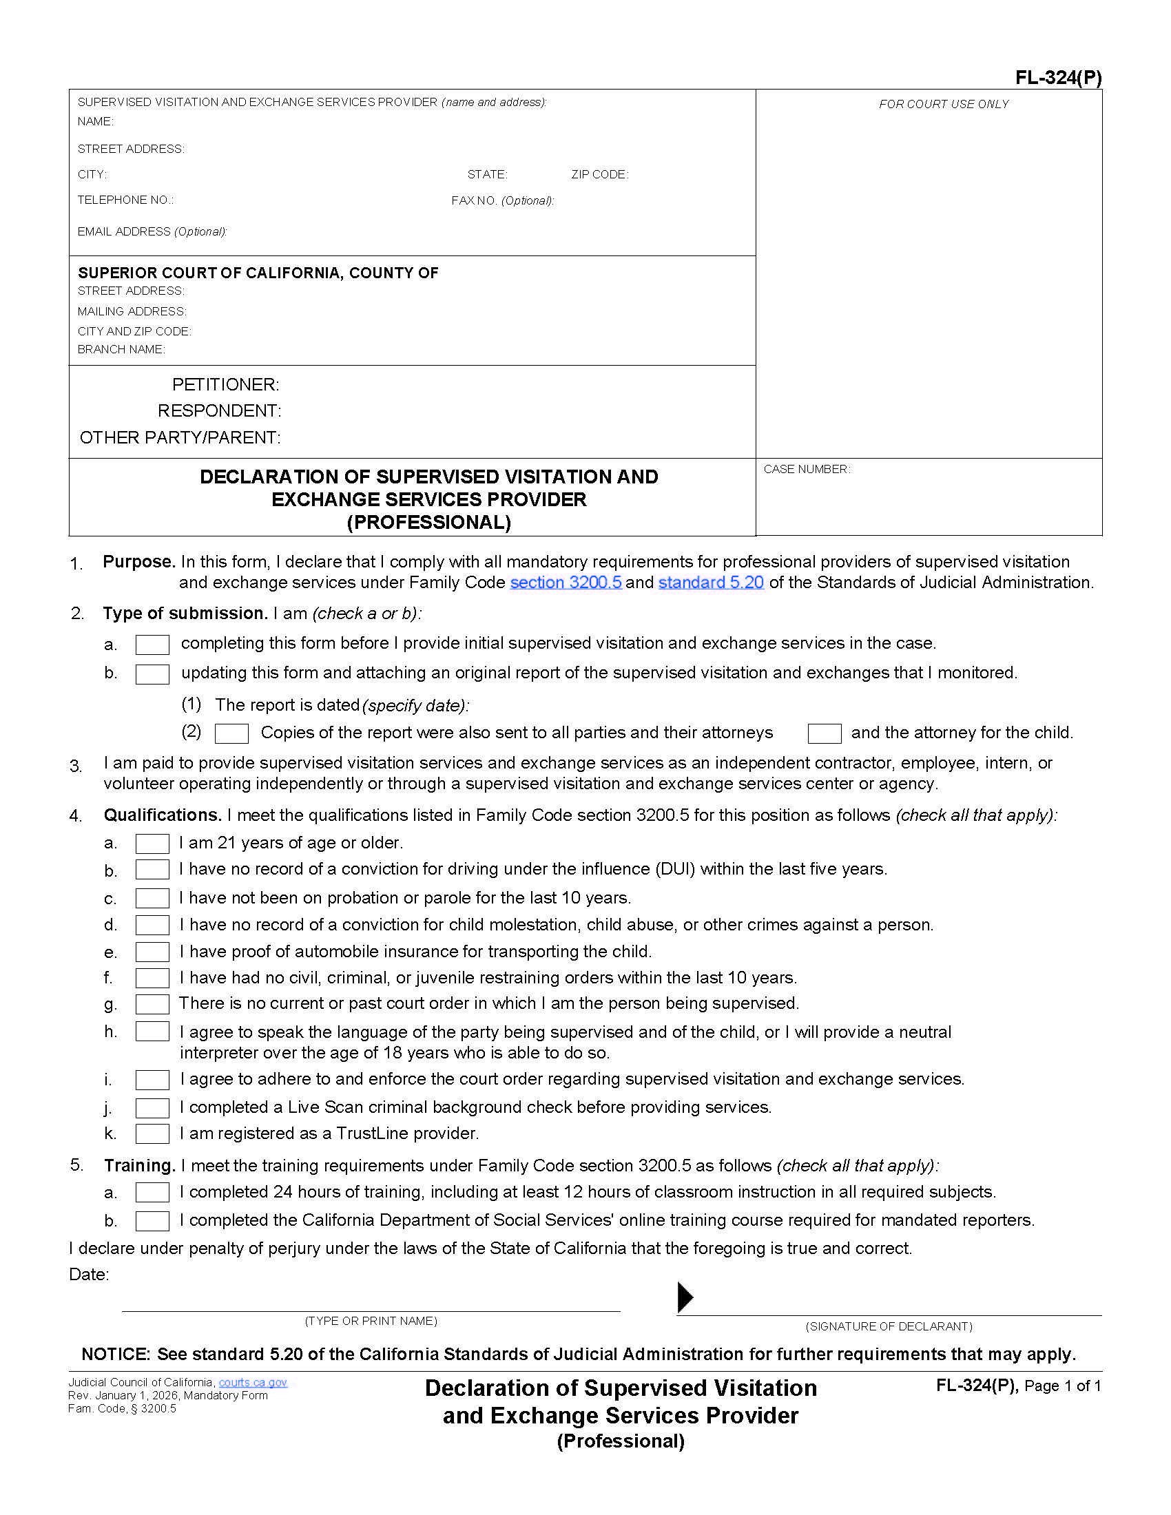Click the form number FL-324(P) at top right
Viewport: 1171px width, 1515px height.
[1058, 77]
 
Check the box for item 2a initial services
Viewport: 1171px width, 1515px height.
[152, 645]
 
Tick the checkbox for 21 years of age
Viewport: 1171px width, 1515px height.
[152, 844]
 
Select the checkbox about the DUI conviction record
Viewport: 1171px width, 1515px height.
[152, 870]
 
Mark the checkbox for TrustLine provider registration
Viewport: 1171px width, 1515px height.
[152, 1133]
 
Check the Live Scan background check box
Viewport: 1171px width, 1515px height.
[152, 1108]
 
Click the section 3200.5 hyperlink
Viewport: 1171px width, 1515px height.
[566, 583]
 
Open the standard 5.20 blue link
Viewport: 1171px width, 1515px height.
[710, 583]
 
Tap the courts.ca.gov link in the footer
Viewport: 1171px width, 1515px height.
[253, 1383]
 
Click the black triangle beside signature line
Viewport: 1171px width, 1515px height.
[684, 1297]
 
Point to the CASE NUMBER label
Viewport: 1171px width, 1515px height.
[806, 469]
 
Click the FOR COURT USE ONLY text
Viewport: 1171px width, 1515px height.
[944, 104]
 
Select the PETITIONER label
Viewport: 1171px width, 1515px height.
[225, 384]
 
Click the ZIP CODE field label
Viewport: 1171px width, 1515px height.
[599, 174]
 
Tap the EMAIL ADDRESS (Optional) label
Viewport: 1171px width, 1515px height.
[152, 231]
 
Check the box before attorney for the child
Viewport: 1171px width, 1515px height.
[824, 733]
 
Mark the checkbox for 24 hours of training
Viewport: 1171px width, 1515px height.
[152, 1193]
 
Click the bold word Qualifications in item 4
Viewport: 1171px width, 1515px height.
[163, 815]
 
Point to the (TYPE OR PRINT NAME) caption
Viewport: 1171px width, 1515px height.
[371, 1321]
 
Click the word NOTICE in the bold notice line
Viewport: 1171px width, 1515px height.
[115, 1354]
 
